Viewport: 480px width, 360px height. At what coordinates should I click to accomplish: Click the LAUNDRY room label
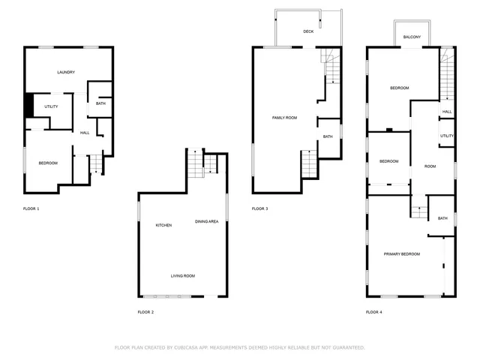click(x=66, y=72)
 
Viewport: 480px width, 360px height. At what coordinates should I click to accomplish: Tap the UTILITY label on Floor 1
click(x=51, y=106)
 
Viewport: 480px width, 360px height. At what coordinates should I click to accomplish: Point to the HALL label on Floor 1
click(x=85, y=133)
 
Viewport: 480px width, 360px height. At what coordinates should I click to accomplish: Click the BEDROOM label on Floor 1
click(x=48, y=163)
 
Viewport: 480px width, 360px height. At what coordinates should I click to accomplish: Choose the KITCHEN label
click(x=163, y=225)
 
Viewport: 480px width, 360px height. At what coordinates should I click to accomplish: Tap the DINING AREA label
click(x=206, y=221)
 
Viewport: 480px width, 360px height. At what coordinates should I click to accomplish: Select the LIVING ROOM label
click(x=182, y=276)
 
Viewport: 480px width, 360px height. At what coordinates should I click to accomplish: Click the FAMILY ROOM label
click(x=284, y=118)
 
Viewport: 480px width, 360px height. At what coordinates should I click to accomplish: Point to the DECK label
click(x=308, y=31)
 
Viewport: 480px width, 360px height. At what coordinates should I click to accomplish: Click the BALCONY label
click(x=412, y=37)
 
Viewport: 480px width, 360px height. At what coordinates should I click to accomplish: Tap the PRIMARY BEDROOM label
click(x=402, y=254)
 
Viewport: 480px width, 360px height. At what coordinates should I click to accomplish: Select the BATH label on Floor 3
click(x=328, y=136)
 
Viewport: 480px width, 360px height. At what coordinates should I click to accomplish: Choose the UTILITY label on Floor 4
click(x=446, y=136)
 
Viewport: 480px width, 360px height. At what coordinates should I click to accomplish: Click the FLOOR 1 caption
click(x=31, y=208)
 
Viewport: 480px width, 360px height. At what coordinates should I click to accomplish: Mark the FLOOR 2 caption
click(x=145, y=311)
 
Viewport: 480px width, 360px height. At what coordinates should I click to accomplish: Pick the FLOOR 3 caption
click(x=259, y=208)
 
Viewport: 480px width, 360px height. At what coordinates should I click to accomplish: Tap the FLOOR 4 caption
click(x=373, y=311)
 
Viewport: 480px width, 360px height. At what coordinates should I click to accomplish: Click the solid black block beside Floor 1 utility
click(x=28, y=105)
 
